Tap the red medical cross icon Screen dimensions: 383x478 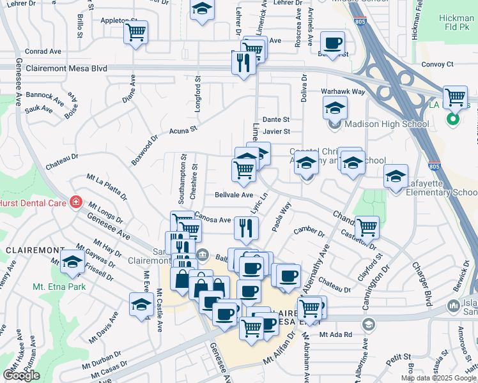pyautogui.click(x=75, y=202)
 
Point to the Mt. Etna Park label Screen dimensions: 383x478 pyautogui.click(x=59, y=287)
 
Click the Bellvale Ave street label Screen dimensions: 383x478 pyautogui.click(x=234, y=195)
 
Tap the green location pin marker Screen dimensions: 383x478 pyautogui.click(x=453, y=119)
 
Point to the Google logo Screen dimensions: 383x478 pyautogui.click(x=21, y=375)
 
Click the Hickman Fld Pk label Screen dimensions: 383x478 pyautogui.click(x=456, y=24)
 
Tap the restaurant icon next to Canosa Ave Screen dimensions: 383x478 pyautogui.click(x=246, y=228)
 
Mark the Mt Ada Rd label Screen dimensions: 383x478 pyautogui.click(x=336, y=334)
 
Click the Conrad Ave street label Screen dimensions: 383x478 pyautogui.click(x=43, y=51)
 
